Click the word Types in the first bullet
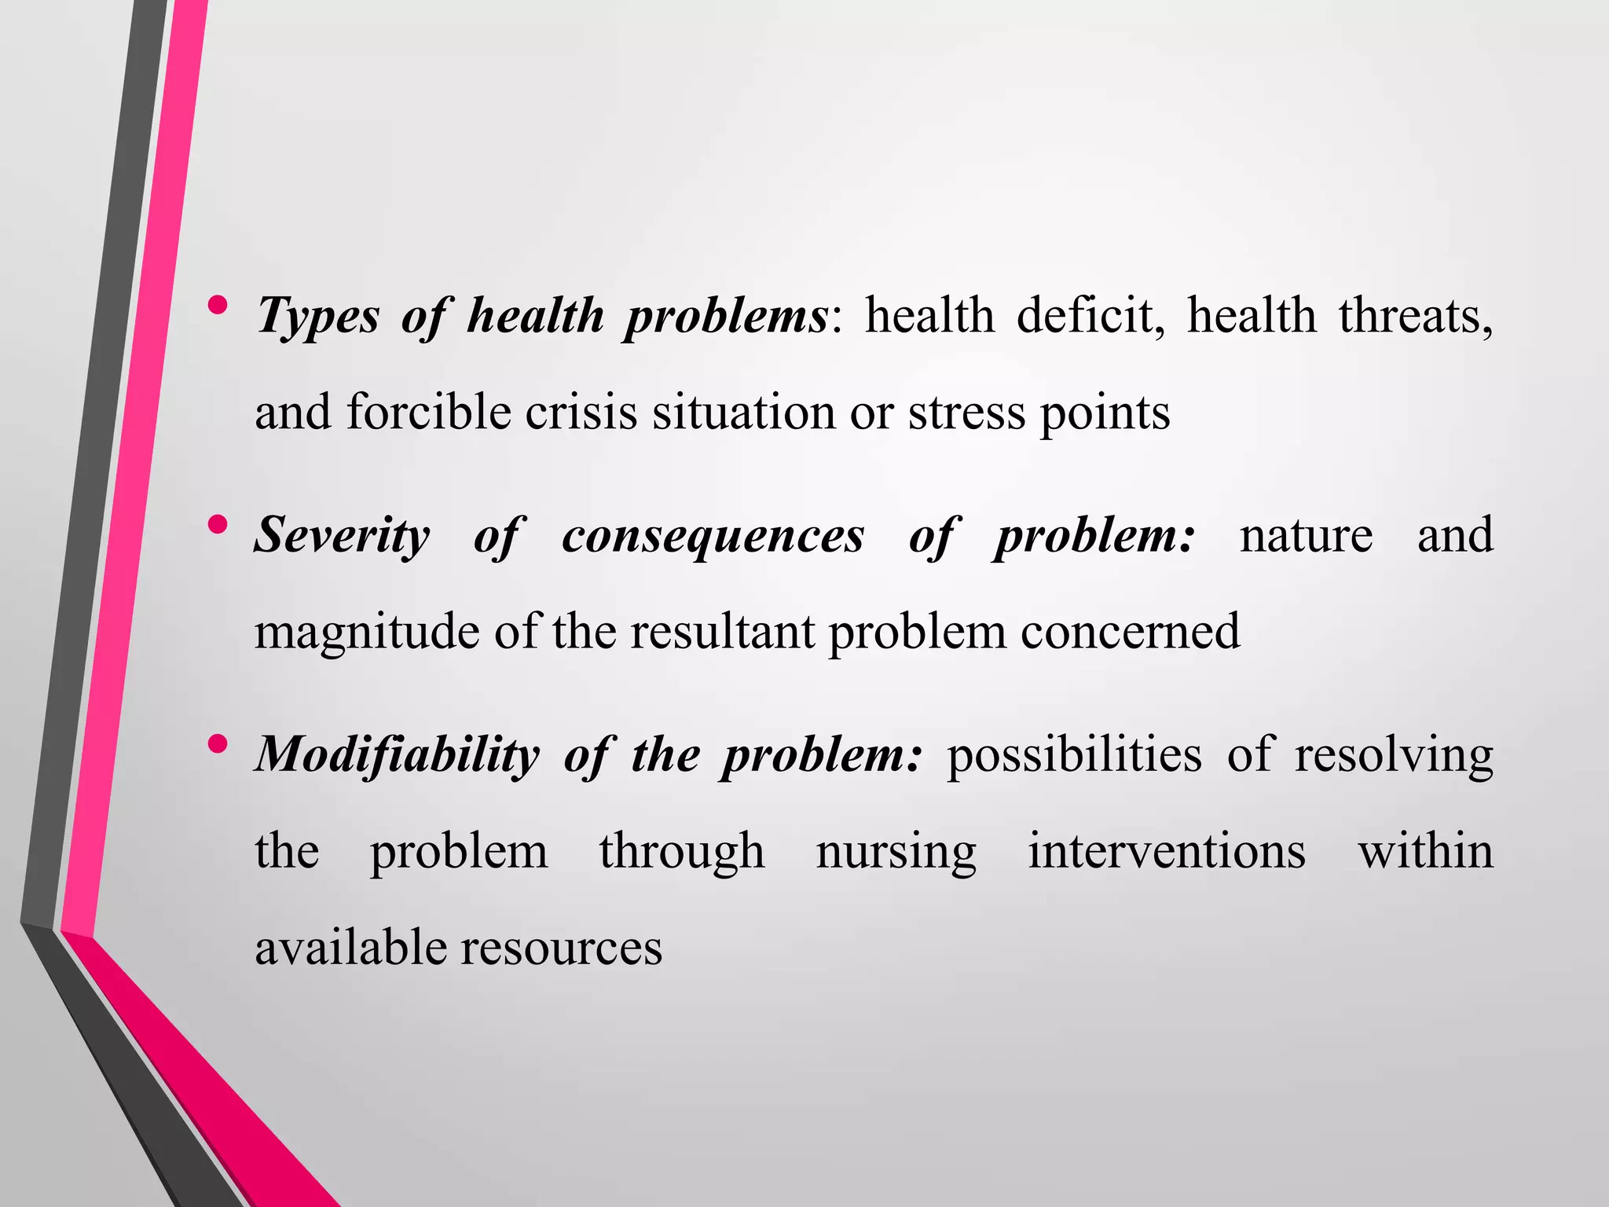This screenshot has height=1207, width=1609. click(318, 317)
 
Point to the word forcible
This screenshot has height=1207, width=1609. click(429, 412)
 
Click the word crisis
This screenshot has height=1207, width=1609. click(581, 412)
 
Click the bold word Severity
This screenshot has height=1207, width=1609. click(343, 536)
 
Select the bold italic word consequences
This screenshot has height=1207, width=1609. click(713, 536)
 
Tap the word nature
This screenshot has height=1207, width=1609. click(1306, 536)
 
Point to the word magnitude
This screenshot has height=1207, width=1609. click(367, 632)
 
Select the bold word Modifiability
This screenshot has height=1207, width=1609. click(398, 755)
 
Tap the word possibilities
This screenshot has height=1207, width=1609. click(1074, 755)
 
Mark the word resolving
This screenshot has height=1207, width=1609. click(1393, 755)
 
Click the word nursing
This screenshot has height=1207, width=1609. click(896, 852)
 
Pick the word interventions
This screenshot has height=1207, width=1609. click(1167, 851)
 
